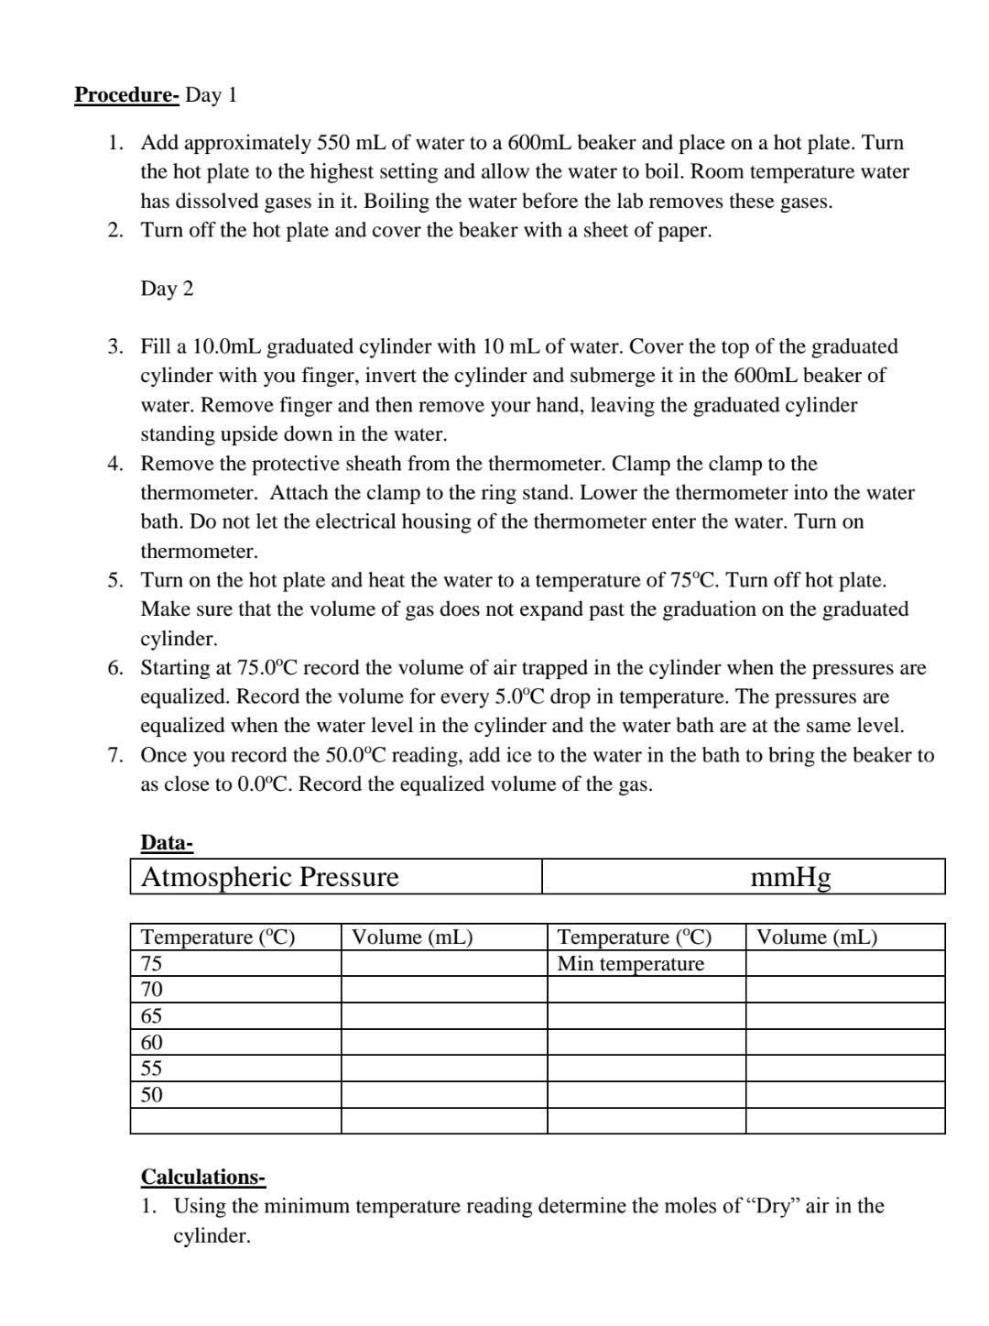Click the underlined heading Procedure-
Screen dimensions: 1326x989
126,95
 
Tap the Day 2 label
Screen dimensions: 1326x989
167,289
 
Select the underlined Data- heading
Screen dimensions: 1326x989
167,843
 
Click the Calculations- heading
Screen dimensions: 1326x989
202,1177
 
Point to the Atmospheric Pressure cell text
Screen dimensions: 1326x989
270,877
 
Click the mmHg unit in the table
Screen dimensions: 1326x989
790,877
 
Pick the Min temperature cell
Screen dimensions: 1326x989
631,964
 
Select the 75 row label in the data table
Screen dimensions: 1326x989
151,963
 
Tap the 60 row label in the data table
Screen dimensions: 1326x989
151,1042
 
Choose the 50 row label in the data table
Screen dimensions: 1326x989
151,1095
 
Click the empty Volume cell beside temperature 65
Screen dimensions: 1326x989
443,1016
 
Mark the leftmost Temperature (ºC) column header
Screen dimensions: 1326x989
218,937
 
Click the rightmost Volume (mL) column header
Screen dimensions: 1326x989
817,937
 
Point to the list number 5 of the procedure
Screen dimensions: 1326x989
115,581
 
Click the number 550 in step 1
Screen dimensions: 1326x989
333,143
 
